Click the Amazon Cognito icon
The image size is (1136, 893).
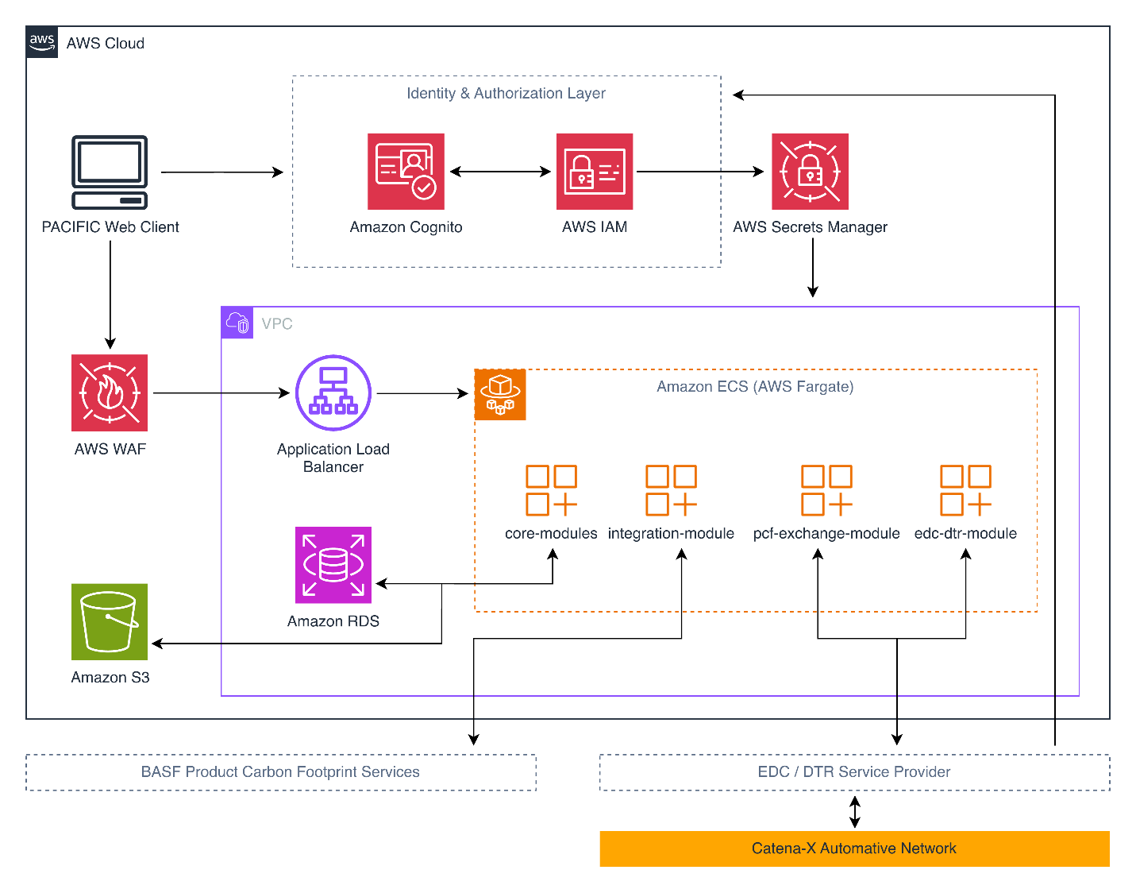tap(406, 172)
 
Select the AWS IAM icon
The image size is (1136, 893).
tap(595, 172)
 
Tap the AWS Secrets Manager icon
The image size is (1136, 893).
tap(810, 172)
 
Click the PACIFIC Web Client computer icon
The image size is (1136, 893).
tap(110, 172)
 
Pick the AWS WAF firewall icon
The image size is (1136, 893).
tap(110, 392)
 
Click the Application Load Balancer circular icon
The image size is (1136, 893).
tap(333, 392)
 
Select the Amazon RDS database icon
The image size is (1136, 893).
tap(333, 565)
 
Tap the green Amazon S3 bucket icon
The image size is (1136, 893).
tap(110, 621)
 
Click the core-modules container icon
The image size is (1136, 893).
tap(551, 490)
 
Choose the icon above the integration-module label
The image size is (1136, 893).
tap(671, 490)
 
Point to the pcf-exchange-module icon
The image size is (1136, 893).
tap(826, 490)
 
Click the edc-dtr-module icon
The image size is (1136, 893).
tap(965, 490)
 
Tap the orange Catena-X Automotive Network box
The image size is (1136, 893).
tap(854, 849)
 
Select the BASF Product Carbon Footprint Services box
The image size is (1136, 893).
tap(280, 772)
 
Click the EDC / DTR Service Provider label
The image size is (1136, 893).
tap(854, 772)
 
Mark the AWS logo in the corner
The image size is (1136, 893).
tap(42, 42)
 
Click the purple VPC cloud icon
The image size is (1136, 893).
tap(237, 323)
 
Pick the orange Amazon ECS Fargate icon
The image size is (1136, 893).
tap(500, 394)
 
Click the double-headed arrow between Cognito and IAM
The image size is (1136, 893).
tap(500, 172)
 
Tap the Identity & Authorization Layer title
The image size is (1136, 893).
tap(506, 94)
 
